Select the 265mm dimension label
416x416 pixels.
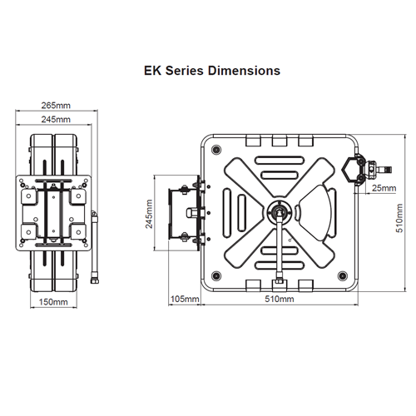[x=56, y=106]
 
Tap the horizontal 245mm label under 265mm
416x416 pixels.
[x=56, y=120]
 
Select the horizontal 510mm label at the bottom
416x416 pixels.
[x=279, y=298]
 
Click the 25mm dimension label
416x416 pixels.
[x=384, y=188]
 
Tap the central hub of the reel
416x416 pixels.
[x=278, y=212]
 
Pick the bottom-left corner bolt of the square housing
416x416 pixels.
[x=217, y=275]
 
